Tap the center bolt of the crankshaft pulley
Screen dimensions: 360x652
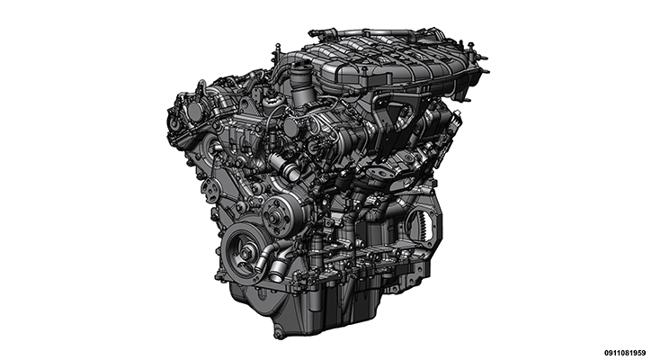click(x=245, y=250)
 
